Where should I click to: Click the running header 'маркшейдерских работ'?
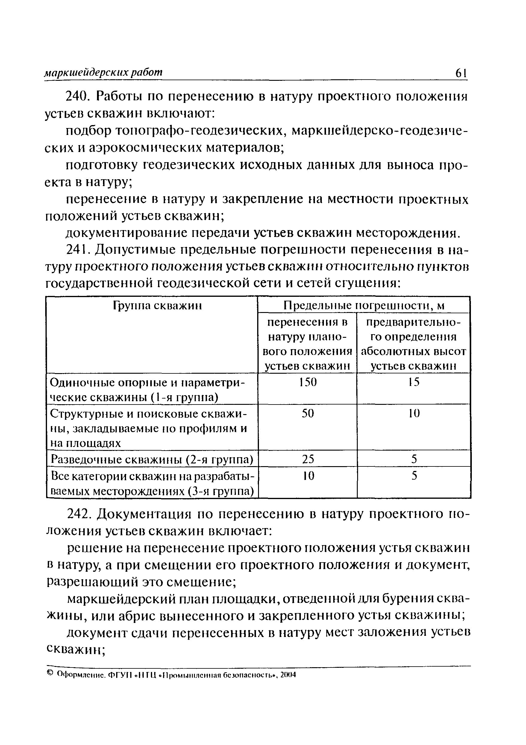[x=103, y=72]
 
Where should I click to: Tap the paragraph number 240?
[x=77, y=96]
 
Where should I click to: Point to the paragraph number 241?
[x=77, y=250]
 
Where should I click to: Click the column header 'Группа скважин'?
[x=157, y=305]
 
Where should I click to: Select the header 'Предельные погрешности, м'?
[x=364, y=305]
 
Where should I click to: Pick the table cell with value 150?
[x=307, y=382]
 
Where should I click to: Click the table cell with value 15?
[x=414, y=382]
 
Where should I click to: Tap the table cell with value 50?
[x=307, y=413]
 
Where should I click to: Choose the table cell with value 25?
[x=307, y=459]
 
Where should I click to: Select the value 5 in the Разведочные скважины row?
[x=414, y=459]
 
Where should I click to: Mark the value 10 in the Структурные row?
[x=414, y=413]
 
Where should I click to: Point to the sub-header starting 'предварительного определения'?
[x=414, y=344]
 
